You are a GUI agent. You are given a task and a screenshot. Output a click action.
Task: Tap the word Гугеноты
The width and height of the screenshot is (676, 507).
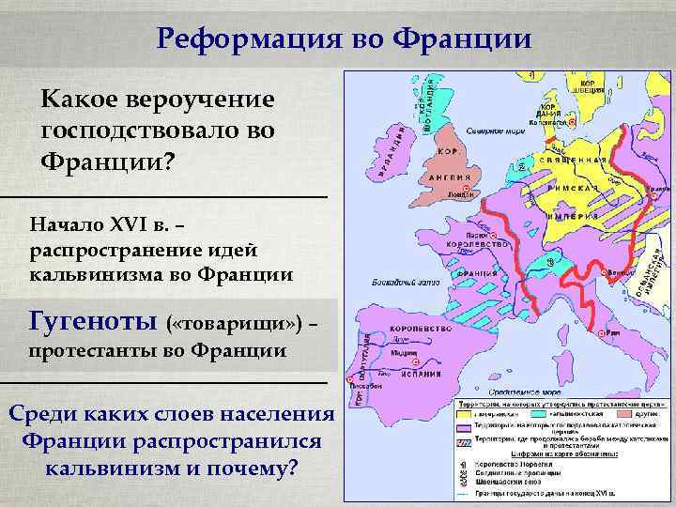[x=92, y=322]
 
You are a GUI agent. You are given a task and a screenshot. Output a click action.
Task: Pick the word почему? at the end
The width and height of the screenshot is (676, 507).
[x=253, y=467]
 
